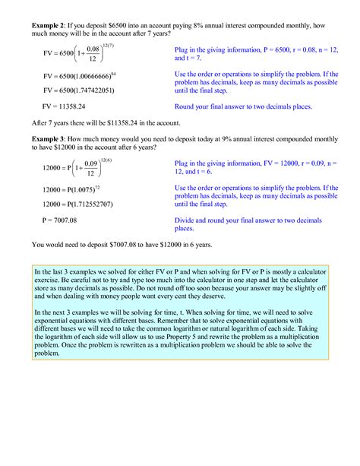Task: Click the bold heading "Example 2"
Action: click(x=49, y=24)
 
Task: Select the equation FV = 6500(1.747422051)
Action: click(x=79, y=90)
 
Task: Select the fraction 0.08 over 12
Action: click(x=93, y=54)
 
